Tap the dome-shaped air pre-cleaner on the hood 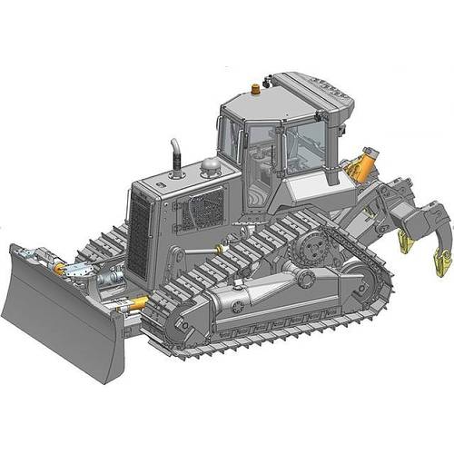coord(211,166)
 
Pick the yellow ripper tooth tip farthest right coord(442,263)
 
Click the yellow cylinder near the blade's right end coord(136,303)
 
